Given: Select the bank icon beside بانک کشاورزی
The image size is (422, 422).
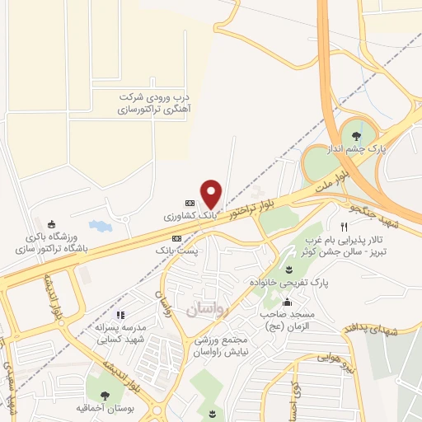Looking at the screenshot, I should tap(190, 202).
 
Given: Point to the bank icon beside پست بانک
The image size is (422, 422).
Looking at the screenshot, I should tap(176, 237).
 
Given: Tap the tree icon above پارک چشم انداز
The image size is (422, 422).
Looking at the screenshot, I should tap(356, 136).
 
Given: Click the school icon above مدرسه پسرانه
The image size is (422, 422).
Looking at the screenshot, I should tap(120, 314).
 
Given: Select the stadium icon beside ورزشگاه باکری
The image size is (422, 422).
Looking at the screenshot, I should tap(53, 224).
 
